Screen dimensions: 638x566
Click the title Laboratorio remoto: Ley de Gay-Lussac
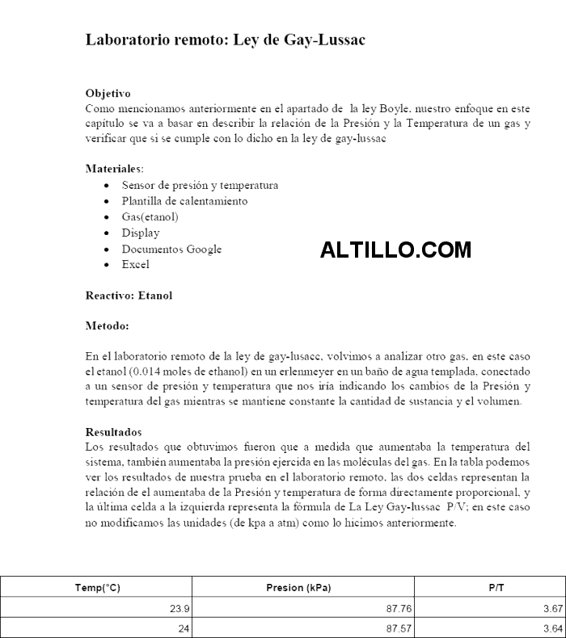[226, 40]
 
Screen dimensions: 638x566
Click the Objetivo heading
[108, 94]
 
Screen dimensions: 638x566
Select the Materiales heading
[114, 169]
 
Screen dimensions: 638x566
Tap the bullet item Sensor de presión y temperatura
[200, 185]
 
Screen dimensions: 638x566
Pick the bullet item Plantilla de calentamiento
[184, 201]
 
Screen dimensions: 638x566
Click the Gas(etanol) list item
[150, 216]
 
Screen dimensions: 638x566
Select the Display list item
[141, 233]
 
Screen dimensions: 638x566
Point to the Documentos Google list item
[171, 249]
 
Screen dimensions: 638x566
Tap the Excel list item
[135, 264]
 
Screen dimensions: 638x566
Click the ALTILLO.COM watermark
[395, 250]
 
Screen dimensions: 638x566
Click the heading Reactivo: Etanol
[129, 296]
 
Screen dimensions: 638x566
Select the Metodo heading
[107, 327]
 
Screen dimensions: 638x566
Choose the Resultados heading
[113, 432]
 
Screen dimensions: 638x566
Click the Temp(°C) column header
[97, 588]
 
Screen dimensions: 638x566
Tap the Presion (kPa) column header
[298, 588]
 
